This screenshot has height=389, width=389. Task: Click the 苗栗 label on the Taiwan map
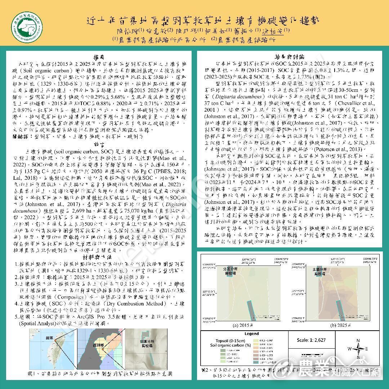(x=49, y=338)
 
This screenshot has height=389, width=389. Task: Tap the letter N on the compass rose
(x=358, y=340)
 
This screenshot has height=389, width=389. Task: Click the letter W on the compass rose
(x=349, y=349)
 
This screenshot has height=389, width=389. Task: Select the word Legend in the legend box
(x=251, y=334)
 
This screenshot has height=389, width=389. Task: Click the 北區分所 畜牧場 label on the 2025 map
(x=320, y=271)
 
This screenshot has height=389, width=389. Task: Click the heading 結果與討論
(x=290, y=57)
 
